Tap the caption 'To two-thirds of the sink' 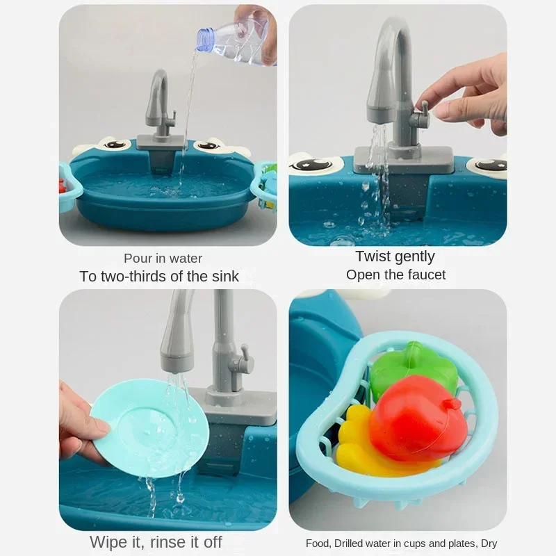(159, 276)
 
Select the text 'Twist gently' (395, 256)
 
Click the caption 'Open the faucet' (395, 275)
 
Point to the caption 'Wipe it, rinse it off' (156, 541)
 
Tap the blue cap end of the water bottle (204, 39)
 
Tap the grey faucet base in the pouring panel (161, 142)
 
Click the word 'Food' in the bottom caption (318, 543)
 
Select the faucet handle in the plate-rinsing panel (241, 361)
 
